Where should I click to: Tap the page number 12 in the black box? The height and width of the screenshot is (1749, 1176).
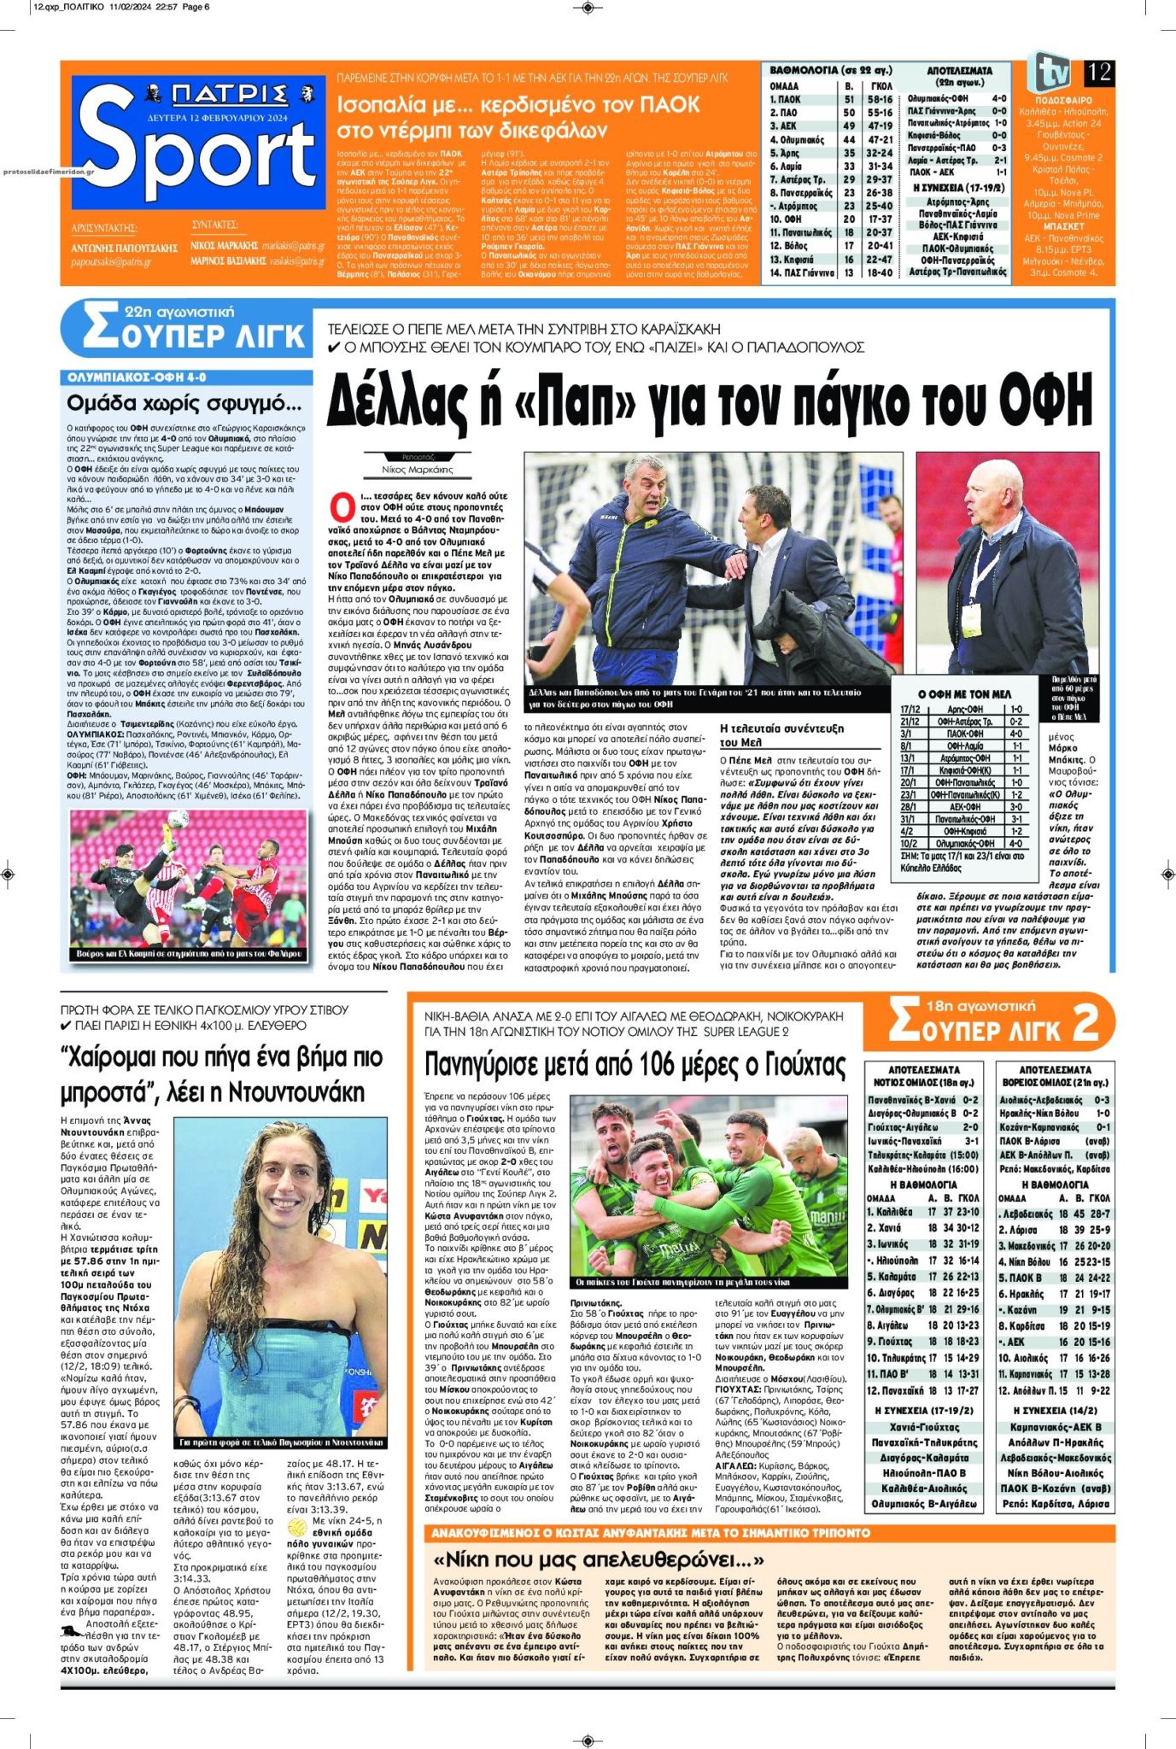click(1099, 73)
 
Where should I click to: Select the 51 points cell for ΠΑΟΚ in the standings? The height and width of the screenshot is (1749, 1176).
click(849, 100)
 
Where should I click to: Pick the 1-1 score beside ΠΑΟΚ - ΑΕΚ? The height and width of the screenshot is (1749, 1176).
click(1000, 172)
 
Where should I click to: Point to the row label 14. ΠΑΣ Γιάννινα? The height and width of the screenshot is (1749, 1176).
click(802, 272)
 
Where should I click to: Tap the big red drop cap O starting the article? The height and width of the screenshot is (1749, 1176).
click(342, 506)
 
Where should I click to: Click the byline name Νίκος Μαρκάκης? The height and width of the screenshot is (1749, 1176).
click(418, 470)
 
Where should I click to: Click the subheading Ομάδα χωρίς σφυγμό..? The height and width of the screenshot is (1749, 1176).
click(184, 402)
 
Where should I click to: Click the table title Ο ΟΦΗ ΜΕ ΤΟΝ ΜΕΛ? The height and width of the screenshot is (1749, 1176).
click(964, 694)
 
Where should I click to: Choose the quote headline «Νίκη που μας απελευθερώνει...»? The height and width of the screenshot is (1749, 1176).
click(598, 1559)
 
